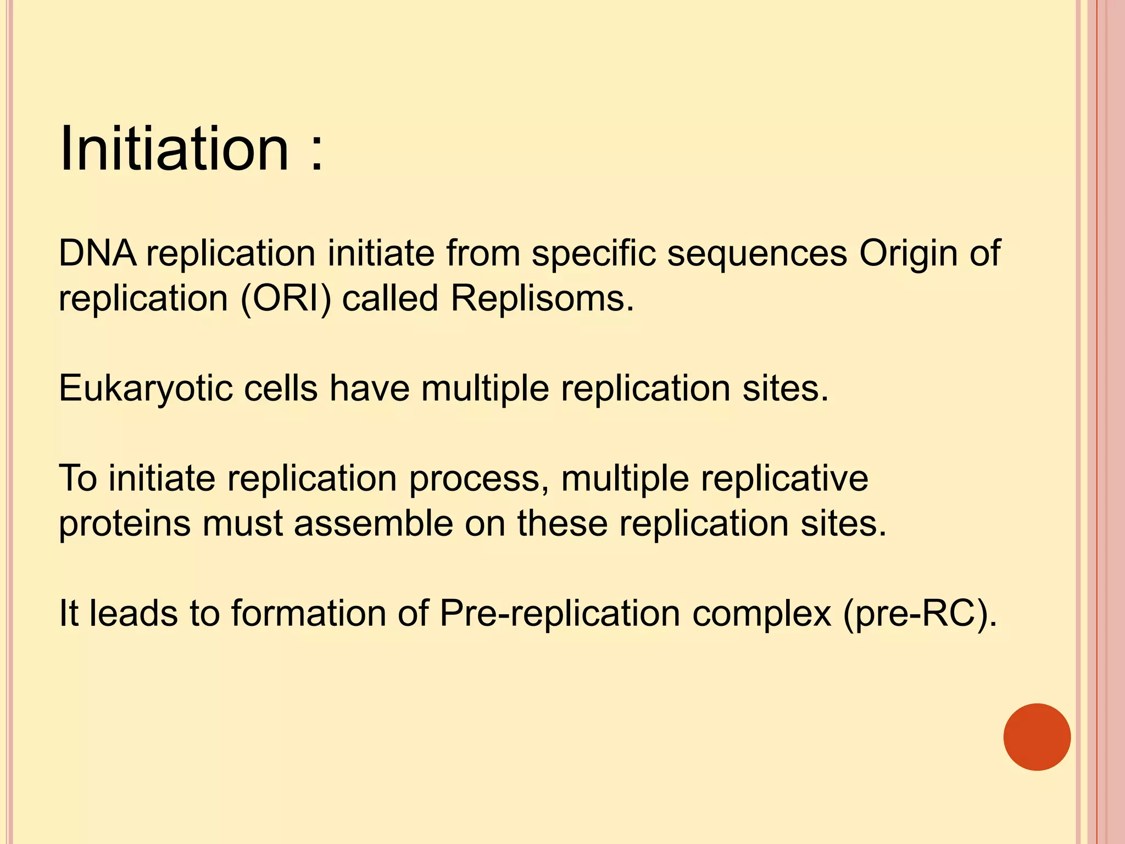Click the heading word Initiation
[x=174, y=148]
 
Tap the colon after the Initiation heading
[x=316, y=154]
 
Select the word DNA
[x=97, y=253]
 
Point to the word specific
[x=593, y=254]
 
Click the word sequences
[x=757, y=254]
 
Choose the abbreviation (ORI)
[x=286, y=299]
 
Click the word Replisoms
[x=542, y=299]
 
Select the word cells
[x=280, y=388]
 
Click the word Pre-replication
[x=560, y=614]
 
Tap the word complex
[x=761, y=614]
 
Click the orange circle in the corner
[x=1037, y=737]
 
